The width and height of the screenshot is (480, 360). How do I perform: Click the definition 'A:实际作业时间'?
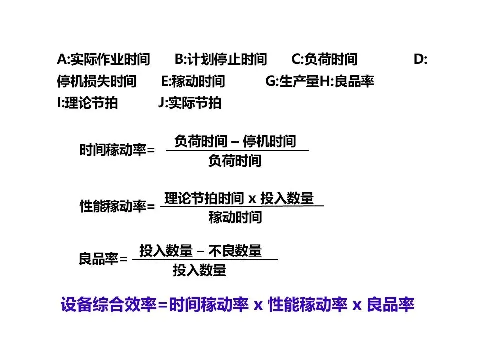(103, 60)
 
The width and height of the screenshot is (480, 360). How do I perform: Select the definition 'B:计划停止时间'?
(221, 60)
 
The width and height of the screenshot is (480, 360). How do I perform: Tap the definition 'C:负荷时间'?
(325, 60)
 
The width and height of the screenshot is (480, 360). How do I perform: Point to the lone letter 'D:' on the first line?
(420, 60)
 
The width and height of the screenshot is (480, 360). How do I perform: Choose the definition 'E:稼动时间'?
(193, 81)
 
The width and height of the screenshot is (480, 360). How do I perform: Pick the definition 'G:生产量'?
(292, 81)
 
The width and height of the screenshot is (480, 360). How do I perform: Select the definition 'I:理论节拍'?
(88, 103)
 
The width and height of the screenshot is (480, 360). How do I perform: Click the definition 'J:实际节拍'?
(189, 103)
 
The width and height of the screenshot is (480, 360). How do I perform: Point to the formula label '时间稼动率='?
(117, 150)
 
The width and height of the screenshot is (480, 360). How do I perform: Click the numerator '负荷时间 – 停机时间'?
(235, 142)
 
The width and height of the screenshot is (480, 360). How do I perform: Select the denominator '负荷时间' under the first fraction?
(235, 161)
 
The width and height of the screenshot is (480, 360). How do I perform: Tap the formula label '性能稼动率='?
(117, 206)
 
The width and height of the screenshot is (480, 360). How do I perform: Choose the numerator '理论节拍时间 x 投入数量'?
(239, 198)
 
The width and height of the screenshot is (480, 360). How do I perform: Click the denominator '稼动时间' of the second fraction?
(235, 217)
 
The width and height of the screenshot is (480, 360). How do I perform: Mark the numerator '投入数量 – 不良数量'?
(200, 251)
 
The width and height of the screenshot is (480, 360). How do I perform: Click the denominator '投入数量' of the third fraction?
(200, 271)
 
